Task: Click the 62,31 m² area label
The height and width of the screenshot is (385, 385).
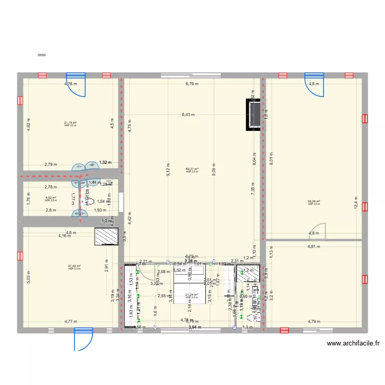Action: click(x=192, y=169)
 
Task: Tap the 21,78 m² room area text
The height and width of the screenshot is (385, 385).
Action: click(x=70, y=123)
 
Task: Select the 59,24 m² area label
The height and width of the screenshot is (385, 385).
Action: click(x=314, y=202)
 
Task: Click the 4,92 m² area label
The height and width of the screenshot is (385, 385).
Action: click(x=50, y=198)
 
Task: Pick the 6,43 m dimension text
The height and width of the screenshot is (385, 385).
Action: click(x=188, y=115)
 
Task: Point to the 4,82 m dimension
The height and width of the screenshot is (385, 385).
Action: click(x=29, y=125)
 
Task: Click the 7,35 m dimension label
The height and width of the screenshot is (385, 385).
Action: click(x=253, y=188)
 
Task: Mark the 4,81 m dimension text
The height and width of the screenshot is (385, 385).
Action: click(x=314, y=246)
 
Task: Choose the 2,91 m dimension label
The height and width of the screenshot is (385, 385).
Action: click(x=107, y=264)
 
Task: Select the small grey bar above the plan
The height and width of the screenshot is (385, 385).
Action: click(x=42, y=54)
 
